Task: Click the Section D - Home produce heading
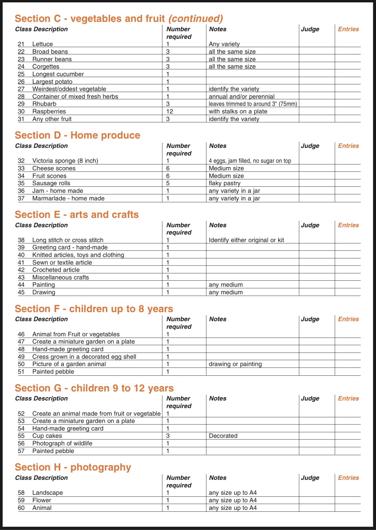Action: click(78, 135)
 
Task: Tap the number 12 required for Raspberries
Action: click(170, 111)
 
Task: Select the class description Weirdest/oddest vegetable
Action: click(69, 89)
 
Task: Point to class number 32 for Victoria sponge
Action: click(21, 161)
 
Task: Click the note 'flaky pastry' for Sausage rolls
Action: click(224, 183)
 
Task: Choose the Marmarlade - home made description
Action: click(68, 198)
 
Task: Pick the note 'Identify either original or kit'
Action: click(246, 240)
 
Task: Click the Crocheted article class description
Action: click(56, 270)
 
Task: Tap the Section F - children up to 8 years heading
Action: click(94, 309)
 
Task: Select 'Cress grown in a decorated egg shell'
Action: click(84, 357)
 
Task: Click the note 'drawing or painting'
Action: click(235, 364)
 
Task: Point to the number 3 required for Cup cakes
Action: click(168, 436)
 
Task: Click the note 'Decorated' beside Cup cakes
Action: click(223, 436)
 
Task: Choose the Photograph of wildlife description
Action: click(62, 443)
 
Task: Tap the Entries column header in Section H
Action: click(348, 478)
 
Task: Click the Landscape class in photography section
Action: click(48, 493)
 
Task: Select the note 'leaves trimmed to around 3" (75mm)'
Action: click(253, 104)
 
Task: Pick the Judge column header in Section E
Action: click(310, 225)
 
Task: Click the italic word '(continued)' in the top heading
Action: click(196, 19)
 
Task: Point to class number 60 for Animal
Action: click(21, 508)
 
